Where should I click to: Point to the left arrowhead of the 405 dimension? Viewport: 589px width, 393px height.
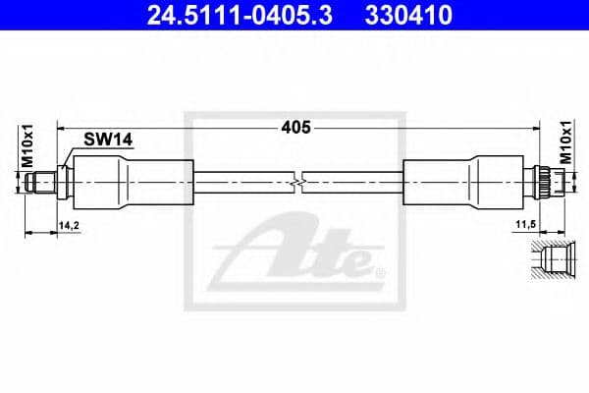[x=62, y=128]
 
